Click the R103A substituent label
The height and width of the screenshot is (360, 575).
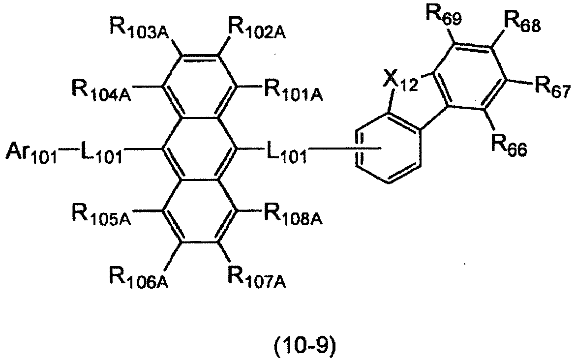[x=139, y=28]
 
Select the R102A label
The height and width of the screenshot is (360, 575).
[x=257, y=28]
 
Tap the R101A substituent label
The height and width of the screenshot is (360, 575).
[x=293, y=90]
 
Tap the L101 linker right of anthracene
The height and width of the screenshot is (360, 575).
[x=286, y=152]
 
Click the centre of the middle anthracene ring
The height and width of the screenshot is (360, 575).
[x=199, y=149]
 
